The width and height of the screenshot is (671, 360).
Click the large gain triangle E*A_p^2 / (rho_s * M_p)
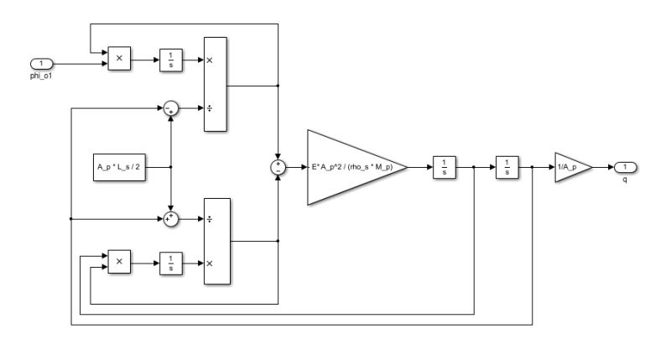(x=351, y=167)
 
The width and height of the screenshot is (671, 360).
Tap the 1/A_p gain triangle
(x=571, y=167)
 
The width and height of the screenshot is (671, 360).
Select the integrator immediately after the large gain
(x=443, y=167)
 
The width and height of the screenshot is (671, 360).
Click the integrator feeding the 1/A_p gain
(x=506, y=167)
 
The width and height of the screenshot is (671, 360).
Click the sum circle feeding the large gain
(x=278, y=167)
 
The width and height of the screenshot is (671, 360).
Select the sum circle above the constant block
(x=170, y=108)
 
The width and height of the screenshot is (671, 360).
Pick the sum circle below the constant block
(x=170, y=219)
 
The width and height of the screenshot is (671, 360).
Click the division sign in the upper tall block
(x=210, y=108)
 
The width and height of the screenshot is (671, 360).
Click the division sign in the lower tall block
(x=210, y=219)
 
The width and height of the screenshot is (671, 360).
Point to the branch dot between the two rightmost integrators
(x=475, y=167)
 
